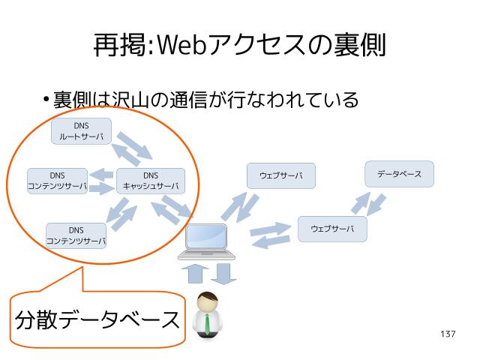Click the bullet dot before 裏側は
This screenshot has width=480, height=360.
46,100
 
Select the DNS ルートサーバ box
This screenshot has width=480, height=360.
81,131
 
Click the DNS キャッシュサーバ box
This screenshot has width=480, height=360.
151,181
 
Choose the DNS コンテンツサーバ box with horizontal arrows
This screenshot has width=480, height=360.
57,181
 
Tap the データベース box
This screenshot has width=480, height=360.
399,174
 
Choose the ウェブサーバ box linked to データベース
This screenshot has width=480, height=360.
332,229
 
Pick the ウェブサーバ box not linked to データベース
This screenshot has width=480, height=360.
281,175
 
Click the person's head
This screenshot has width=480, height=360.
206,303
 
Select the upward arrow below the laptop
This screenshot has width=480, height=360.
195,273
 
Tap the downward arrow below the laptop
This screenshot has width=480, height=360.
223,273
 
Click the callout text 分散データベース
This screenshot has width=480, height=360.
97,320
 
